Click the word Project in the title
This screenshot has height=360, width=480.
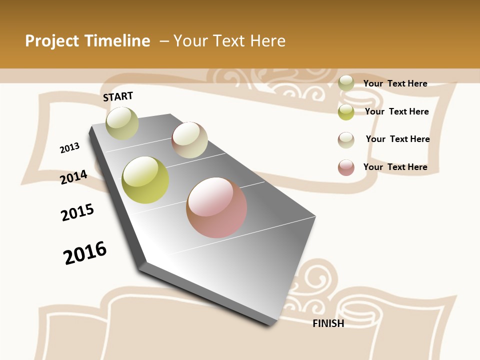52,41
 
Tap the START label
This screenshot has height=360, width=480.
118,96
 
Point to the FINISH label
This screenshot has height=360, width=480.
328,323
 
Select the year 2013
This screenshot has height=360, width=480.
70,148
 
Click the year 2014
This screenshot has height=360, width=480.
74,177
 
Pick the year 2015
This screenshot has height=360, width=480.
77,212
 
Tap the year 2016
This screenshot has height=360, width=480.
85,252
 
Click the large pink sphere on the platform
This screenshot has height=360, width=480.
216,207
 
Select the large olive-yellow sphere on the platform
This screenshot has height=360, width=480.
145,180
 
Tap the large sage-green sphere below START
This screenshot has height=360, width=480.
122,123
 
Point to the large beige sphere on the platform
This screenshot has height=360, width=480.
189,140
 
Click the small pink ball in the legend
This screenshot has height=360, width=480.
346,167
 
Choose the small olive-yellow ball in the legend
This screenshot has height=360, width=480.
346,112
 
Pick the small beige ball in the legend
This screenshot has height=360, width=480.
346,140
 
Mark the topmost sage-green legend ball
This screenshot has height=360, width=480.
346,83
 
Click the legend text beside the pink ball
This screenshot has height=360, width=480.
395,167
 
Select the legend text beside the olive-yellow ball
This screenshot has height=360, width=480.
397,111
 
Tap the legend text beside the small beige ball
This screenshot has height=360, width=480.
398,139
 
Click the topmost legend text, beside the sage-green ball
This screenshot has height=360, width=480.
395,83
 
